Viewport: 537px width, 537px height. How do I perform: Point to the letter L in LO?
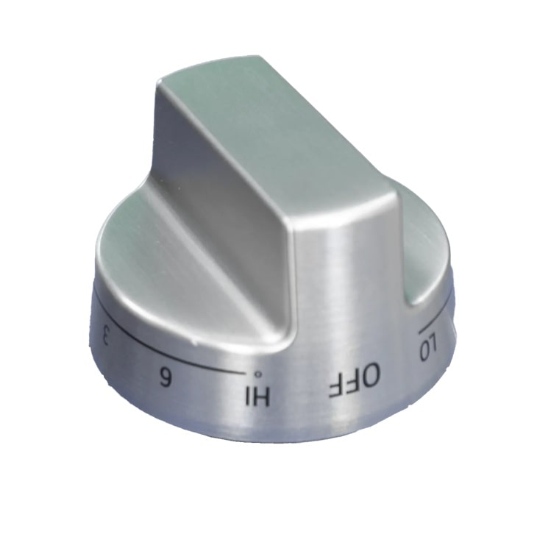point(434,344)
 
